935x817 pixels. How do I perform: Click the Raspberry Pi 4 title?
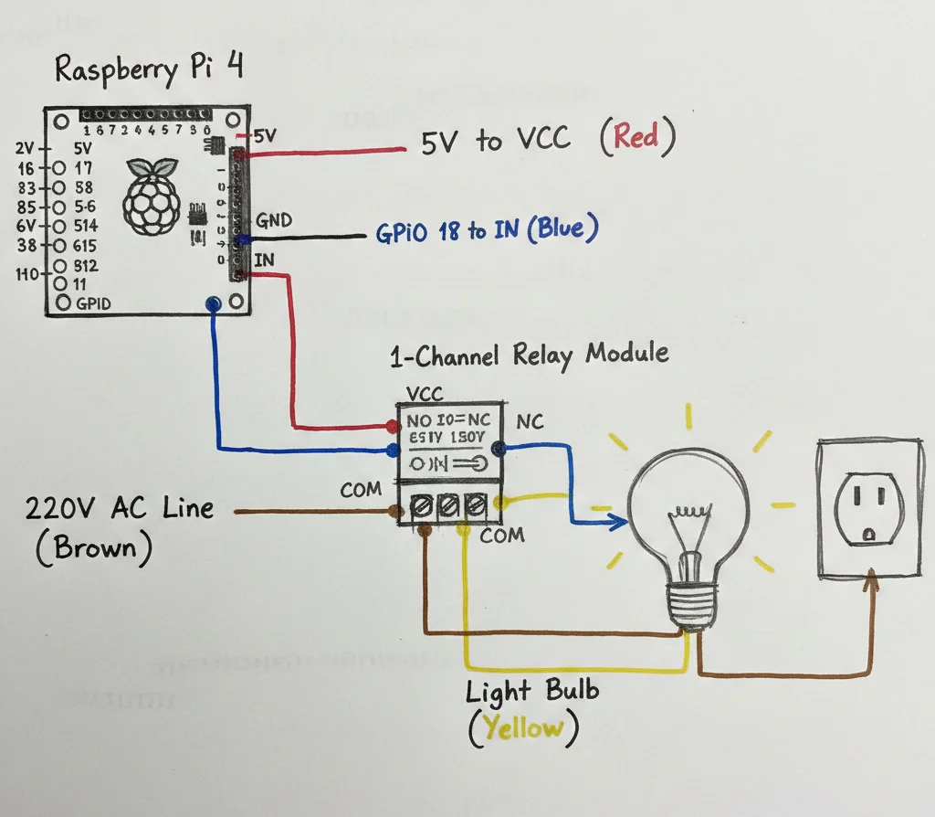click(149, 69)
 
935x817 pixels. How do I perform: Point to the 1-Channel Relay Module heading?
click(529, 354)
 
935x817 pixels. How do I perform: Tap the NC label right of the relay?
click(531, 422)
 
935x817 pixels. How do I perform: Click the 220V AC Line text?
click(119, 508)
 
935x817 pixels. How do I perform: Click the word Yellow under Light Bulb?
click(523, 728)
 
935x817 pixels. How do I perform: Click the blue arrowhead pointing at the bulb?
click(621, 522)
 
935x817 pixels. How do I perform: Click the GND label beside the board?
click(275, 220)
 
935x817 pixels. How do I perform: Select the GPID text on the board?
click(94, 303)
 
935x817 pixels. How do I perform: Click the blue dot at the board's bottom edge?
click(214, 303)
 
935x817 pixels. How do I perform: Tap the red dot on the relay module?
click(393, 426)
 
